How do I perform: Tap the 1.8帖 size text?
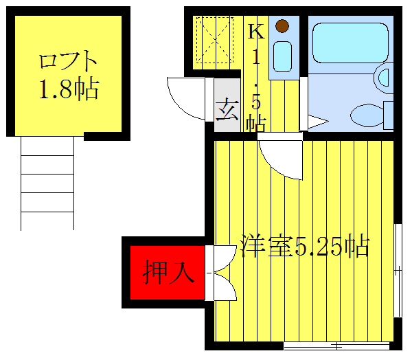68,89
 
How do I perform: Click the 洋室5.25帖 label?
305,245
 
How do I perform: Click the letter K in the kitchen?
255,31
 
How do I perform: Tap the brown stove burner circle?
282,27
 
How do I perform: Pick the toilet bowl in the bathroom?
365,114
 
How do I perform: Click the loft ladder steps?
47,183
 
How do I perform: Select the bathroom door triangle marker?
317,122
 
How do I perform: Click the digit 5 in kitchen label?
256,103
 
